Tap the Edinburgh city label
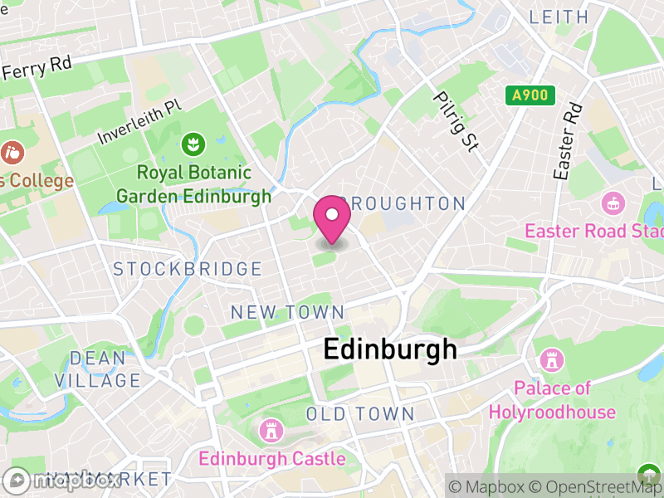(389, 349)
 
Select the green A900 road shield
(530, 95)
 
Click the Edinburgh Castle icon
(269, 431)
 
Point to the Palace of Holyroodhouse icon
(550, 360)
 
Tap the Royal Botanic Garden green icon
(193, 144)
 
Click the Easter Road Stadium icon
(613, 203)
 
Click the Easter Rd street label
(568, 142)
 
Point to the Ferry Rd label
(37, 67)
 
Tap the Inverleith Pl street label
(139, 121)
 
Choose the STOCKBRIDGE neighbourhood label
(188, 269)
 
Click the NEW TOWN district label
(287, 312)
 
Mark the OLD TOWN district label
(359, 413)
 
